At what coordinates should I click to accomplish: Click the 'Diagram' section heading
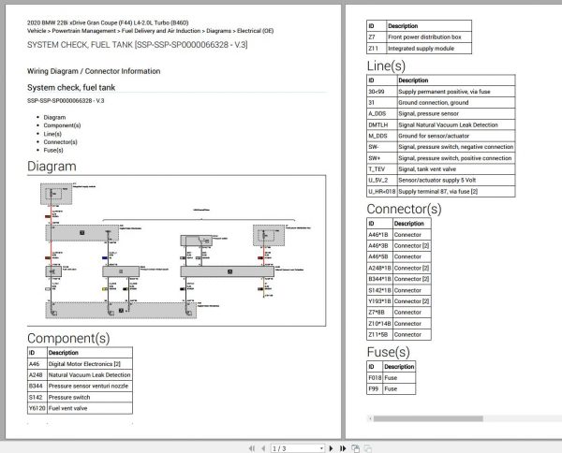(x=52, y=166)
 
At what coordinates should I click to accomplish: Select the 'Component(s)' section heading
(x=67, y=337)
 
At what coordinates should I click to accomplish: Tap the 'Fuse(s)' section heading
(x=388, y=352)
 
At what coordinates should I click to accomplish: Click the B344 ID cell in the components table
(x=37, y=385)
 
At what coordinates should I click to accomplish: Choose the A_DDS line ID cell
(x=379, y=113)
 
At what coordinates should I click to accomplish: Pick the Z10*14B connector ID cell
(x=379, y=323)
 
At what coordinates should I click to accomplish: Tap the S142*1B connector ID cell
(x=379, y=290)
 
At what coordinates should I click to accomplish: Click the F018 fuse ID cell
(x=375, y=377)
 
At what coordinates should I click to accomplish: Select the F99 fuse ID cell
(x=374, y=388)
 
